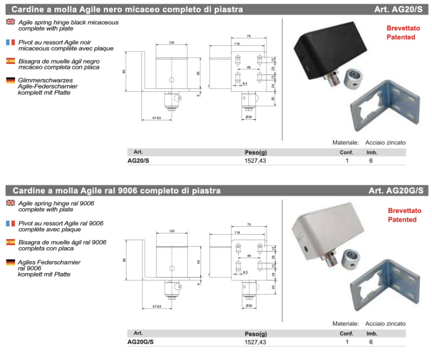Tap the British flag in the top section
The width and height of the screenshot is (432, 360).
[10, 22]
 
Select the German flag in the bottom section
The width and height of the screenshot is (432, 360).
[10, 263]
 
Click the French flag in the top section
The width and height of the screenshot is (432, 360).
[10, 42]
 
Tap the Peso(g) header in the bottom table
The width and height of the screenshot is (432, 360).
[256, 334]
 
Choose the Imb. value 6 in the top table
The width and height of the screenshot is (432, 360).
[371, 161]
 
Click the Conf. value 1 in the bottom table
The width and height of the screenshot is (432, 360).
[347, 342]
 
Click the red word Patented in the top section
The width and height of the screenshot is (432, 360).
[401, 37]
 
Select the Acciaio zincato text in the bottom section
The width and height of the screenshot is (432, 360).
[386, 323]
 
